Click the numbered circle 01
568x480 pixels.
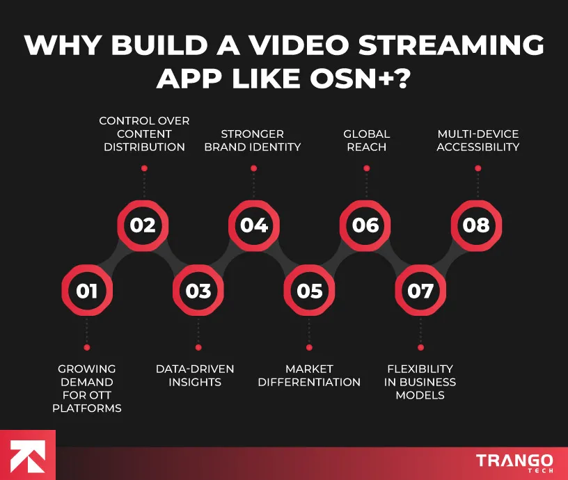coord(87,291)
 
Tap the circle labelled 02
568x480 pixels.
coord(143,225)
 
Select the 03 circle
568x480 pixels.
coord(198,291)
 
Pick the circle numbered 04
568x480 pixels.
coord(254,225)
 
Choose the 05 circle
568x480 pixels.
coord(310,291)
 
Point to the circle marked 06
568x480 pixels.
coord(365,225)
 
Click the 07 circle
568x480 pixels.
coord(420,291)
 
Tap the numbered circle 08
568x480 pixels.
coord(476,225)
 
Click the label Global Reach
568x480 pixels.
coord(366,140)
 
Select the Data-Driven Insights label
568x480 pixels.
coord(195,375)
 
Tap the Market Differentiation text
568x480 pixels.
coord(309,375)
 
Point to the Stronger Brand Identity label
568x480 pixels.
coord(253,140)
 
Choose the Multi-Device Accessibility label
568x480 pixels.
coord(478,140)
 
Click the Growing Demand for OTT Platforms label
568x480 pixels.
coord(87,388)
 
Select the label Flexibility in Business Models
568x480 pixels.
coord(420,382)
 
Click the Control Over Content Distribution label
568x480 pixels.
coord(144,134)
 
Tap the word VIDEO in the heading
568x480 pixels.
coord(296,44)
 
